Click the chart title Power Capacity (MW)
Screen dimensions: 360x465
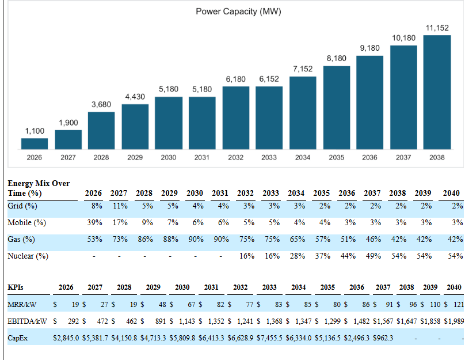(x=238, y=12)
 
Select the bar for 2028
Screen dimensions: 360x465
(x=101, y=130)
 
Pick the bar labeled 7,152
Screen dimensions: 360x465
(x=303, y=112)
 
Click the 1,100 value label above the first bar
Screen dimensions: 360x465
(x=35, y=131)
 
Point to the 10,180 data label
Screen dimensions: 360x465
(x=403, y=38)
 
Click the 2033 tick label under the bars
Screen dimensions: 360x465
(x=269, y=157)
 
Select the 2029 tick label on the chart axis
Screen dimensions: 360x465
(x=135, y=157)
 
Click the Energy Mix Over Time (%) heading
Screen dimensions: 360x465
(x=39, y=188)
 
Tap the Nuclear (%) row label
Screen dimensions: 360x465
(x=28, y=256)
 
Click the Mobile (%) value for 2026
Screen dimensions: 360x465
(x=94, y=222)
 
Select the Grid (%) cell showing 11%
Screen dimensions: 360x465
(x=119, y=206)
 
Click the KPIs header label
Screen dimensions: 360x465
(x=16, y=287)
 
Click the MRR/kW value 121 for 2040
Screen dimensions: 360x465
(x=458, y=304)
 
